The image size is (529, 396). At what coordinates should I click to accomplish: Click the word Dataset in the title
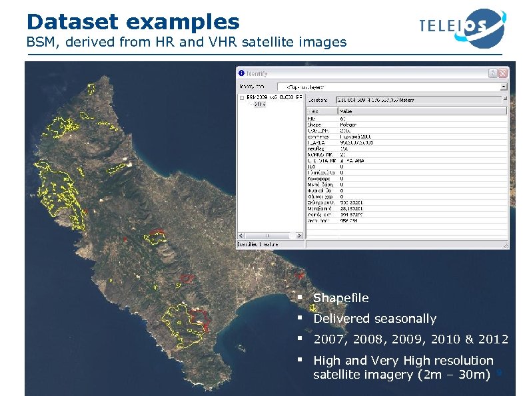[x=71, y=21]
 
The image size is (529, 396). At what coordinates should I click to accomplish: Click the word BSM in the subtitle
[x=40, y=43]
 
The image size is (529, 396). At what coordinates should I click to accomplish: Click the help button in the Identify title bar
[x=492, y=73]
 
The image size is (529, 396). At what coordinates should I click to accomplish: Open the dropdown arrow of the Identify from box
[x=504, y=87]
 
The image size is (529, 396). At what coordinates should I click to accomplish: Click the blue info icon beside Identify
[x=241, y=73]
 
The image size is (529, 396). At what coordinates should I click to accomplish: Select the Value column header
[x=346, y=112]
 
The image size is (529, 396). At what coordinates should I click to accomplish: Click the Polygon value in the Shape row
[x=347, y=124]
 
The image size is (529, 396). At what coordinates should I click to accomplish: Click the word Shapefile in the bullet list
[x=340, y=297]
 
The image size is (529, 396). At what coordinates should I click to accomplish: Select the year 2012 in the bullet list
[x=492, y=339]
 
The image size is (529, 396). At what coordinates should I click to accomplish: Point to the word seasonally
[x=405, y=319]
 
